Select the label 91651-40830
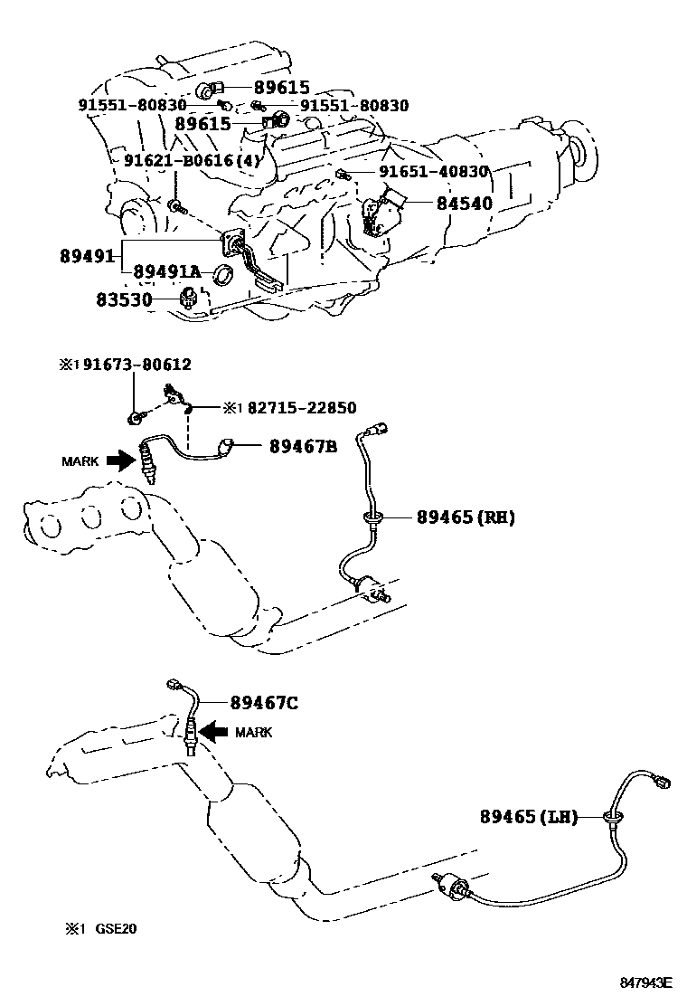point(433,172)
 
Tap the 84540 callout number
point(464,204)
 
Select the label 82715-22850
point(289,408)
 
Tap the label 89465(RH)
point(466,517)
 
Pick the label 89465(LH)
point(528,817)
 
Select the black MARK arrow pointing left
point(214,731)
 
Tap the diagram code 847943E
point(645,982)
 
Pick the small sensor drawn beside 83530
point(191,299)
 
